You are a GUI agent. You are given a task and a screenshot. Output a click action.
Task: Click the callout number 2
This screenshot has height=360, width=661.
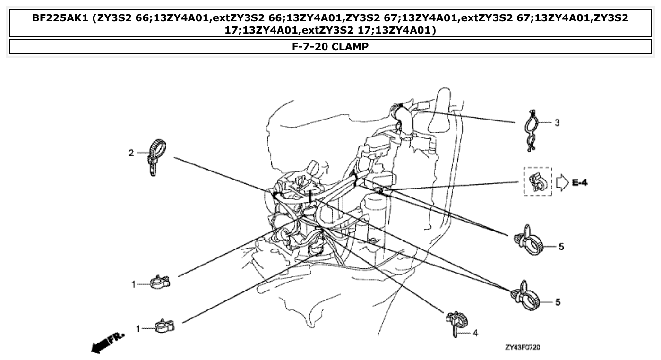[132, 153]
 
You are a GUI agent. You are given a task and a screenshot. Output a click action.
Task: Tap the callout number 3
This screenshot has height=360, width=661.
[557, 123]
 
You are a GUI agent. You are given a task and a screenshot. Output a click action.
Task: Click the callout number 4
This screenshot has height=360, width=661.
[475, 333]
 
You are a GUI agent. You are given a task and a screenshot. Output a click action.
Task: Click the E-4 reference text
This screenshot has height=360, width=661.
[580, 182]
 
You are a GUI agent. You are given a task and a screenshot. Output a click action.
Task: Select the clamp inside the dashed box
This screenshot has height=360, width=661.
[537, 182]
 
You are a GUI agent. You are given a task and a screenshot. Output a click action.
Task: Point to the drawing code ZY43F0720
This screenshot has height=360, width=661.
[523, 348]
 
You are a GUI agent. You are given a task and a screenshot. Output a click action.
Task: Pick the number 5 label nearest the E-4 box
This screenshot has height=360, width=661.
[561, 247]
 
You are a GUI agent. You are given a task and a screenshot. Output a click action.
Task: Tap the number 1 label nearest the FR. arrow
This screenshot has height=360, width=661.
[138, 328]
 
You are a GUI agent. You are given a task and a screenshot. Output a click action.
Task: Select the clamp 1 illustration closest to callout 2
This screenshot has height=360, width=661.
[160, 283]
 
